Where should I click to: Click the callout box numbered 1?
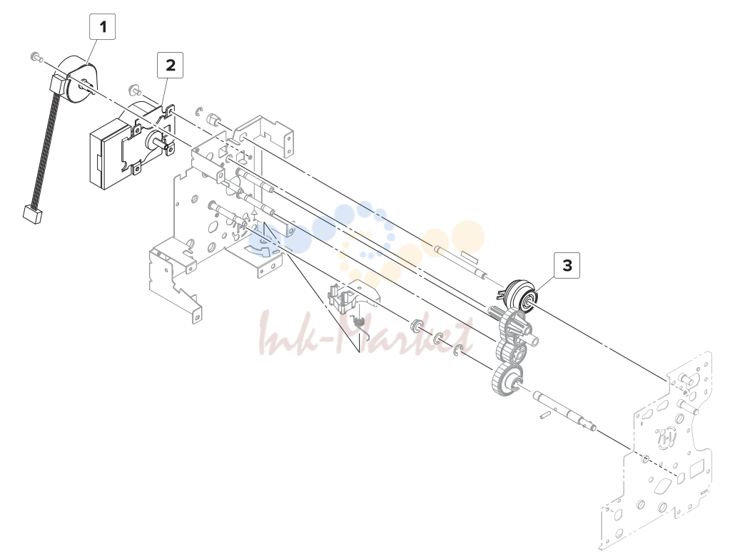tap(102, 26)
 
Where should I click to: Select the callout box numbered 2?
tap(170, 65)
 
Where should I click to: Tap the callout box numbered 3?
tap(567, 266)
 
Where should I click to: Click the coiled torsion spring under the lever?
tap(360, 321)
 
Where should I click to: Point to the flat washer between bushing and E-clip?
tap(438, 338)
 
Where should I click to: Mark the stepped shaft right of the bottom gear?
tap(566, 411)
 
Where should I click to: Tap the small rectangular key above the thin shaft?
tap(470, 256)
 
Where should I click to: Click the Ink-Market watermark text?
tap(365, 335)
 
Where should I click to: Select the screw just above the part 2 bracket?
tap(133, 89)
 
